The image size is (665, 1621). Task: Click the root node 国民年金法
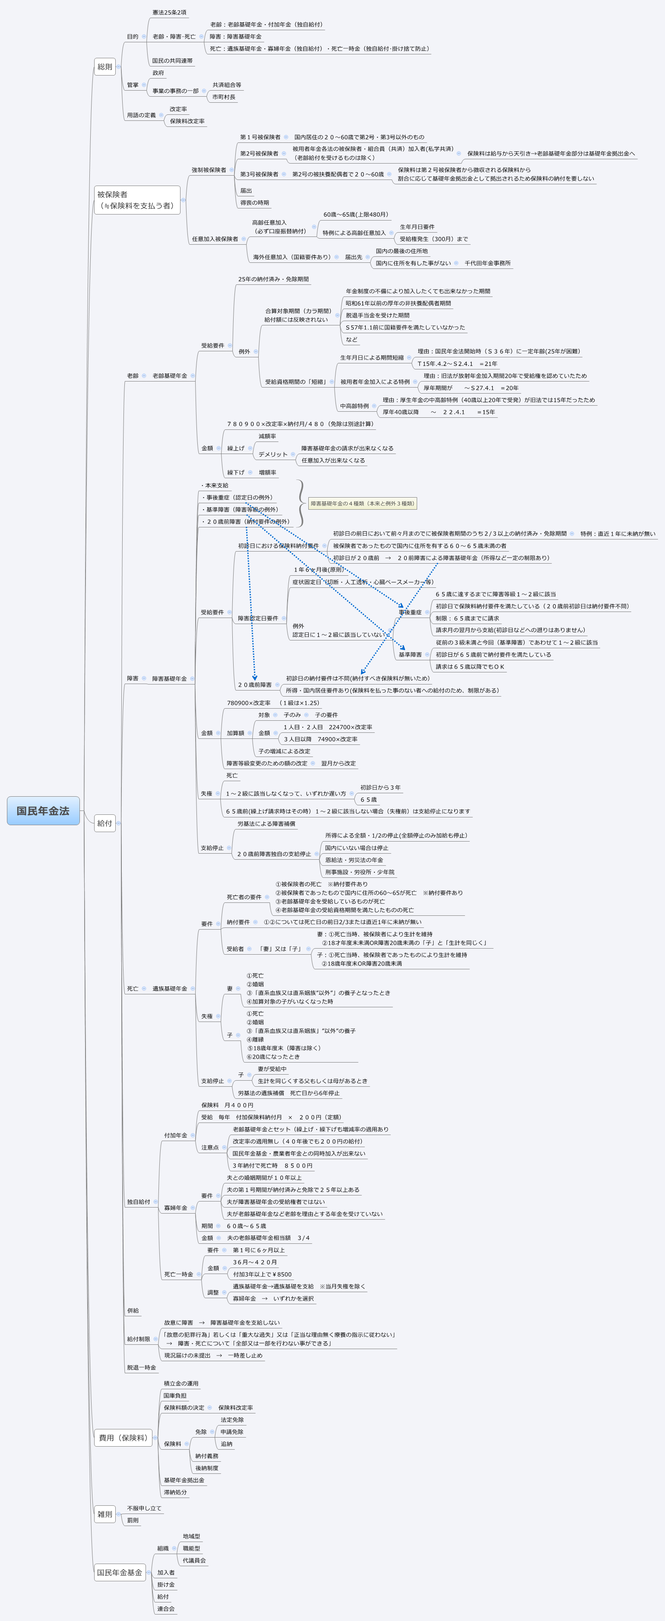(43, 810)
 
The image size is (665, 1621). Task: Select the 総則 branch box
(104, 67)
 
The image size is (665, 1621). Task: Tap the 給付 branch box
(104, 823)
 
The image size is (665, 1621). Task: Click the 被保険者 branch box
(136, 200)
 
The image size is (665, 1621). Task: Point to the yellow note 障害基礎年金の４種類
(362, 503)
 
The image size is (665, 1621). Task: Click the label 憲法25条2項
(169, 13)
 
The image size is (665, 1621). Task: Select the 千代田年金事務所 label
(488, 263)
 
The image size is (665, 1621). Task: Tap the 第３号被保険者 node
(259, 174)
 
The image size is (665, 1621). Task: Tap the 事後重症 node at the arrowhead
(410, 612)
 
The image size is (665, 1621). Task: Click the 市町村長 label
(224, 97)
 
